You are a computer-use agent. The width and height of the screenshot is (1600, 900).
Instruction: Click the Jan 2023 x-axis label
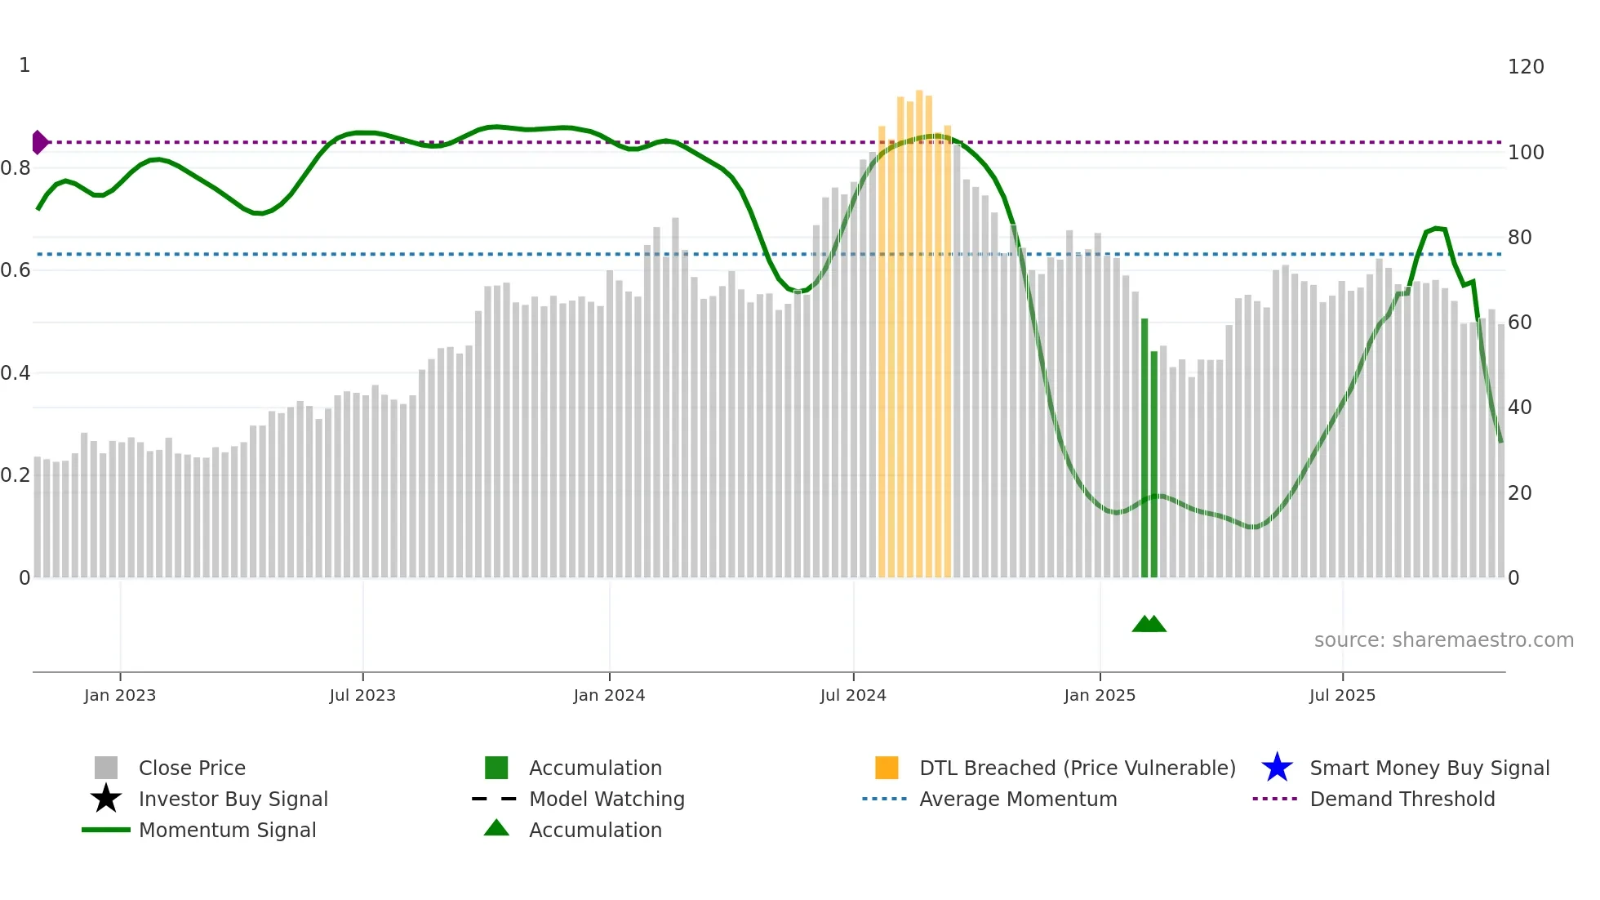pyautogui.click(x=119, y=695)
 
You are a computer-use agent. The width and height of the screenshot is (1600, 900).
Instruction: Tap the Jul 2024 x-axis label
pyautogui.click(x=853, y=695)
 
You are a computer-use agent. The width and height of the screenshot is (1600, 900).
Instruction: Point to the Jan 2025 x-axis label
pyautogui.click(x=1100, y=695)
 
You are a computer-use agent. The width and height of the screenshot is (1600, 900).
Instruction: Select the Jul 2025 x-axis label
pyautogui.click(x=1342, y=695)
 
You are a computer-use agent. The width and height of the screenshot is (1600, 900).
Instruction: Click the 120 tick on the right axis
pyautogui.click(x=1525, y=67)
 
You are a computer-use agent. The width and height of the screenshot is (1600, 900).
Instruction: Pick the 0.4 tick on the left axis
pyautogui.click(x=16, y=373)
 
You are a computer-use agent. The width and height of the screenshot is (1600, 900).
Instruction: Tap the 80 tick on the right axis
pyautogui.click(x=1519, y=238)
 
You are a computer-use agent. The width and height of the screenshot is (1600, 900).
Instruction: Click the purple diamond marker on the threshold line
pyautogui.click(x=39, y=142)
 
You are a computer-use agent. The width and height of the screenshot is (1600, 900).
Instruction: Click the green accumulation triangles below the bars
pyautogui.click(x=1149, y=624)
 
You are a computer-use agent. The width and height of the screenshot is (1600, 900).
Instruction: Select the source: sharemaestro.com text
pyautogui.click(x=1443, y=640)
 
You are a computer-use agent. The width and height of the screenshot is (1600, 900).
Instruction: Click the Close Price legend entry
pyautogui.click(x=192, y=768)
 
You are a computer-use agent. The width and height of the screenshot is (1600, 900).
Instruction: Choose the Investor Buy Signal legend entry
pyautogui.click(x=233, y=799)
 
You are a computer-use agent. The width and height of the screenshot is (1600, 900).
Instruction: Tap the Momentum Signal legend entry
pyautogui.click(x=227, y=830)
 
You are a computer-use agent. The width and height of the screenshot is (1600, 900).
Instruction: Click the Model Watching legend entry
pyautogui.click(x=607, y=799)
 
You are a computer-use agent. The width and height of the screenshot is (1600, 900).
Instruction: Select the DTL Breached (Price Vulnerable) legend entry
pyautogui.click(x=1077, y=768)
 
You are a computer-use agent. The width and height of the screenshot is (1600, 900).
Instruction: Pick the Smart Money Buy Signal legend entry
pyautogui.click(x=1429, y=768)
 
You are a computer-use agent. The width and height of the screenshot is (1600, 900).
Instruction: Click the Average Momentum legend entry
pyautogui.click(x=1018, y=799)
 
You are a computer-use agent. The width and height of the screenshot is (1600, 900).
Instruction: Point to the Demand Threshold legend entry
pyautogui.click(x=1402, y=799)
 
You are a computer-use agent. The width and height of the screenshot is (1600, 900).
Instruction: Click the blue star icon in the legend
pyautogui.click(x=1277, y=768)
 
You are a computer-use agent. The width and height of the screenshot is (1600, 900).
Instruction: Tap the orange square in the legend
pyautogui.click(x=887, y=768)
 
